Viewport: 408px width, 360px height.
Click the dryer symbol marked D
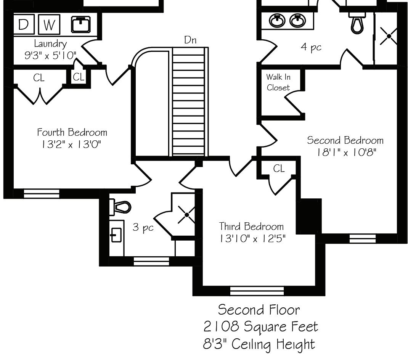click(23, 24)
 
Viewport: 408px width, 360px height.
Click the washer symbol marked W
click(49, 24)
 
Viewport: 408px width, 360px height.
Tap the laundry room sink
click(81, 25)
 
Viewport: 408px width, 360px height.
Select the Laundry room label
click(50, 43)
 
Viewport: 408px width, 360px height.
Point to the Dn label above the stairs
click(190, 40)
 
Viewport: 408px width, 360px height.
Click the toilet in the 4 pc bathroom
click(357, 24)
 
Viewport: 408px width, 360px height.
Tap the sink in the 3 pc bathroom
click(116, 235)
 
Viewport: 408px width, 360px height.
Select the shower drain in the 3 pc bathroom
click(186, 215)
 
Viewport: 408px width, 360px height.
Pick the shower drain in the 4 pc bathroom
click(389, 37)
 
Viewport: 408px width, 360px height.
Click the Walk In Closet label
click(278, 82)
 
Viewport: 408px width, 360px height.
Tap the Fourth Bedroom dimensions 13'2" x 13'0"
click(72, 145)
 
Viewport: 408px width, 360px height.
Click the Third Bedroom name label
click(251, 227)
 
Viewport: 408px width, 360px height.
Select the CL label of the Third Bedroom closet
click(279, 168)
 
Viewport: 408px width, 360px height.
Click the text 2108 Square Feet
click(261, 326)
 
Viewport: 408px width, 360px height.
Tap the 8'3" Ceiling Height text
click(259, 344)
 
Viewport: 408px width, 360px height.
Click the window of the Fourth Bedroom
click(42, 194)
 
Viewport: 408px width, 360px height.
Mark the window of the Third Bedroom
click(257, 291)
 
